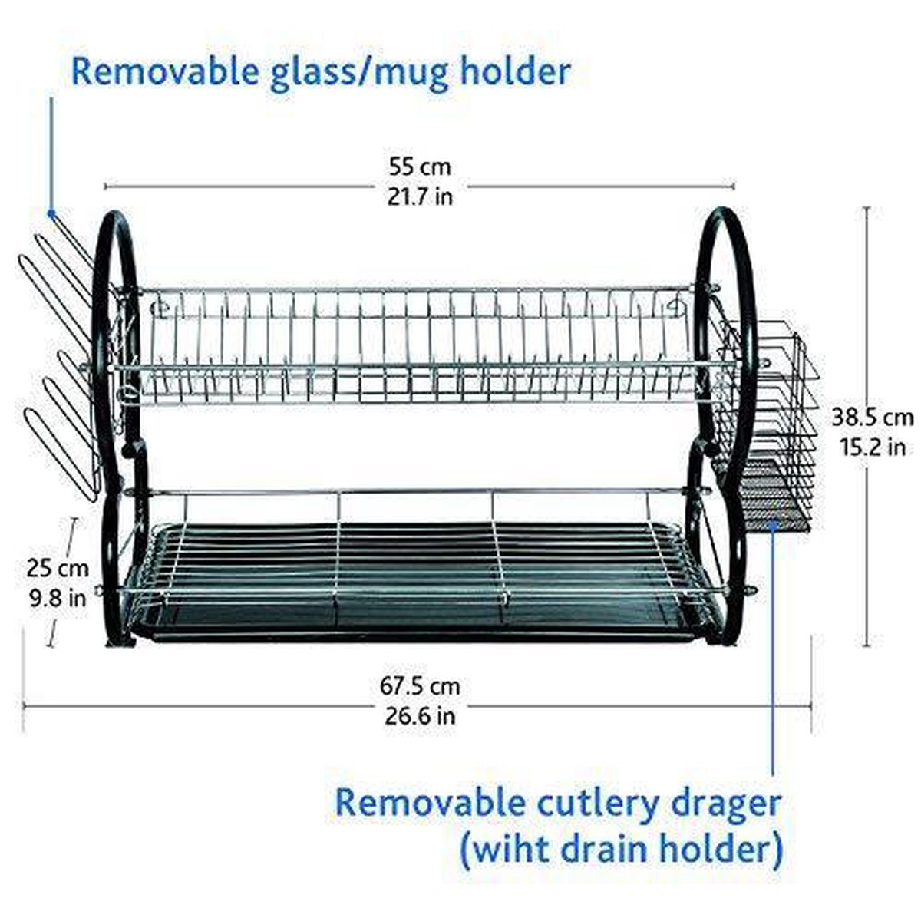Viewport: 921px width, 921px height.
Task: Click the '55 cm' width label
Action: point(420,167)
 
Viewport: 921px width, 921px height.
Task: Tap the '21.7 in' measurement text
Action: point(420,196)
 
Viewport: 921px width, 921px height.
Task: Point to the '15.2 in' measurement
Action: point(873,447)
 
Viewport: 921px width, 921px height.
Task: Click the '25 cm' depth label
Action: point(58,569)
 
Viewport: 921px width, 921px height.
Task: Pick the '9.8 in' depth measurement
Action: point(58,598)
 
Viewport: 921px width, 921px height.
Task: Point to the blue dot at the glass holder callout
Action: point(51,213)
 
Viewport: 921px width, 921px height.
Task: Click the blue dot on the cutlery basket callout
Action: point(773,525)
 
